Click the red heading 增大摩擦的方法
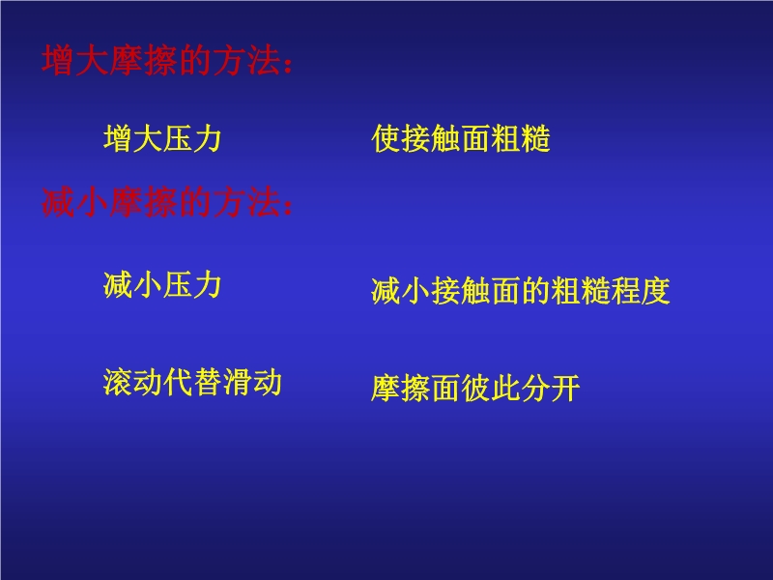160,61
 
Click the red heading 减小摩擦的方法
160,202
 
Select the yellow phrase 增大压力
162,138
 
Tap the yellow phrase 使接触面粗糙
461,138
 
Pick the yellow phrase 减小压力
162,284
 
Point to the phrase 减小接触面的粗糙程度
520,291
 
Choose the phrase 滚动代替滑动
192,382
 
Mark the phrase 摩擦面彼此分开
475,388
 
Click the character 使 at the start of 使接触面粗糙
386,138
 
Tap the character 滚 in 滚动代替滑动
118,382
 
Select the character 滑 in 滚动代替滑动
237,382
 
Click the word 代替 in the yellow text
192,382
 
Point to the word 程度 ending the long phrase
640,291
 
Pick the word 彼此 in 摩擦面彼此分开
490,388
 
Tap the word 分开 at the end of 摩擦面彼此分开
550,388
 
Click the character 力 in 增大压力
207,138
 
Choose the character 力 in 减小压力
207,284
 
